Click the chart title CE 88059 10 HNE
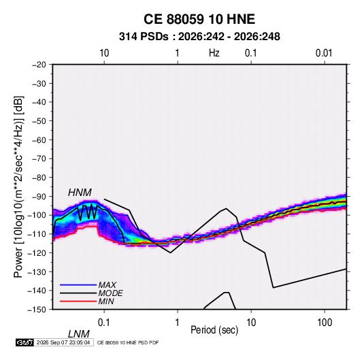point(199,19)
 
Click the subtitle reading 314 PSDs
point(144,37)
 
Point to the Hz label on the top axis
point(214,53)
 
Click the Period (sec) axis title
point(214,330)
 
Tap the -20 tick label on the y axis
point(39,65)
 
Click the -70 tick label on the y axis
point(39,159)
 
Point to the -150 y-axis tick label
point(37,310)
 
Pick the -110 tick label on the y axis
point(37,234)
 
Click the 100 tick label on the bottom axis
point(325,323)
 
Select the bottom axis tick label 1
point(178,323)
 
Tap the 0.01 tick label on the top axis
point(324,53)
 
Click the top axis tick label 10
point(104,53)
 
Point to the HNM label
point(80,193)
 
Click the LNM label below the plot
point(79,334)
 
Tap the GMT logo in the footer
point(24,342)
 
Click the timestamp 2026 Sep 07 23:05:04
point(63,342)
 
